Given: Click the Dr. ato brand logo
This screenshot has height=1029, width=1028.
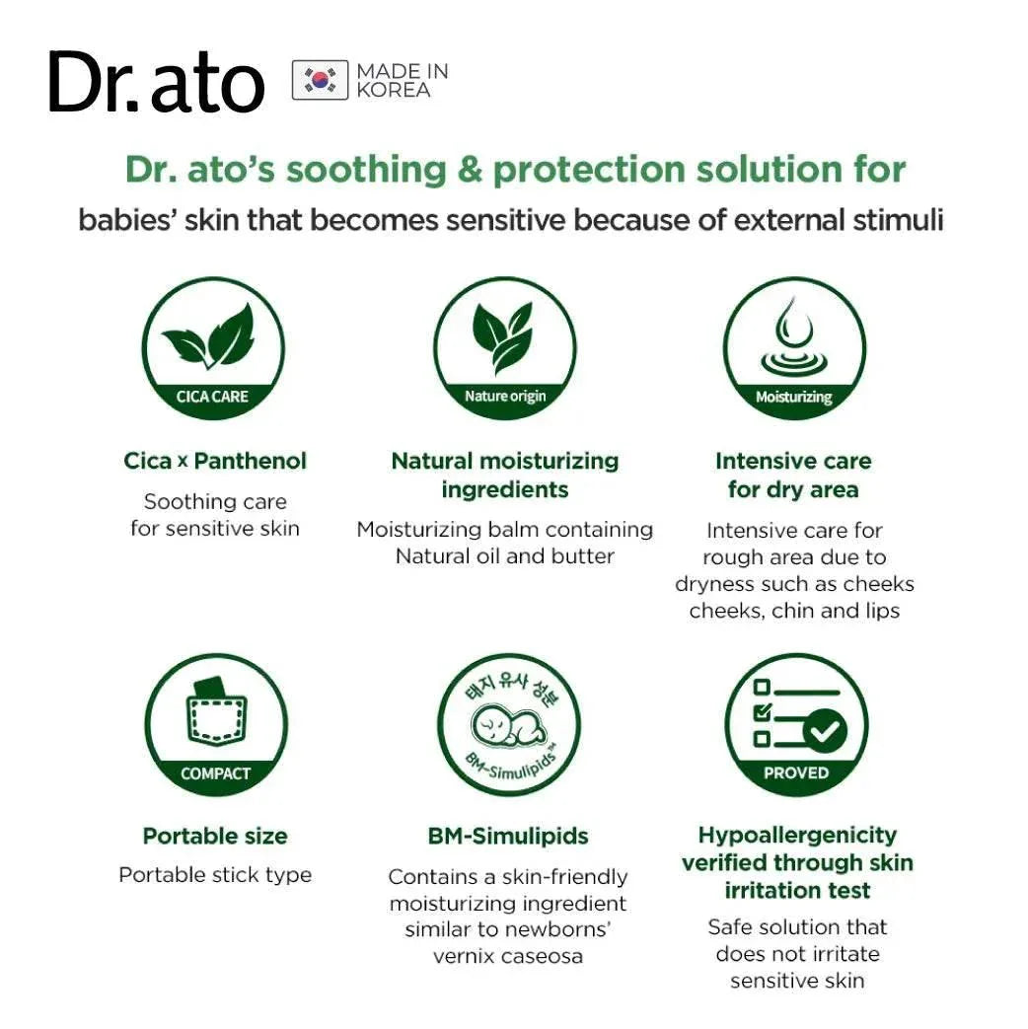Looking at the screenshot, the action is click(156, 82).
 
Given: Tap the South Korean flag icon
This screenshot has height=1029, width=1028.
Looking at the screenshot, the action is click(321, 80).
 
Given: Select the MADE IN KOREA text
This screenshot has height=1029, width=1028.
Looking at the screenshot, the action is click(403, 80).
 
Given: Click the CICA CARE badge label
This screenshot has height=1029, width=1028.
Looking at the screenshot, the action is click(212, 397).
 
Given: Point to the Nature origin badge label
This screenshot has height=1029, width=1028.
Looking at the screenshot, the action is click(505, 397).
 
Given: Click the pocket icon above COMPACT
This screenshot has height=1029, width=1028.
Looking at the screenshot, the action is click(217, 712).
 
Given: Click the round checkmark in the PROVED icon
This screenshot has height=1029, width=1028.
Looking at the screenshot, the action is click(825, 730).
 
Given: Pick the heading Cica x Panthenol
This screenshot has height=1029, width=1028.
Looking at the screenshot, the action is click(215, 461).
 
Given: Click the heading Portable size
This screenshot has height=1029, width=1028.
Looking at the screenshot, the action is click(215, 836).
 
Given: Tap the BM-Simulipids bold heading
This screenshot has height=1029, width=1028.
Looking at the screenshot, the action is click(508, 836).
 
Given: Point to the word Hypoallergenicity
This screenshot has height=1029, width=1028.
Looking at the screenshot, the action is click(797, 836).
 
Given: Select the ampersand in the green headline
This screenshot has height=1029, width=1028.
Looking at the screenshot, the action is click(470, 170).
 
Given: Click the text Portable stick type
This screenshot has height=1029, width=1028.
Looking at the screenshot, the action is click(215, 875).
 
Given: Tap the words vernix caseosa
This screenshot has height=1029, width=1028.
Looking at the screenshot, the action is click(508, 956).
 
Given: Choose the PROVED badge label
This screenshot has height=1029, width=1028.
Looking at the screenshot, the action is click(795, 773).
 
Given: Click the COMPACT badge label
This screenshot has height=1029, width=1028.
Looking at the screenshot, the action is click(215, 773).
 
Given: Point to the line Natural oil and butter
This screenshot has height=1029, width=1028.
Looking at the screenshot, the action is click(505, 556).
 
